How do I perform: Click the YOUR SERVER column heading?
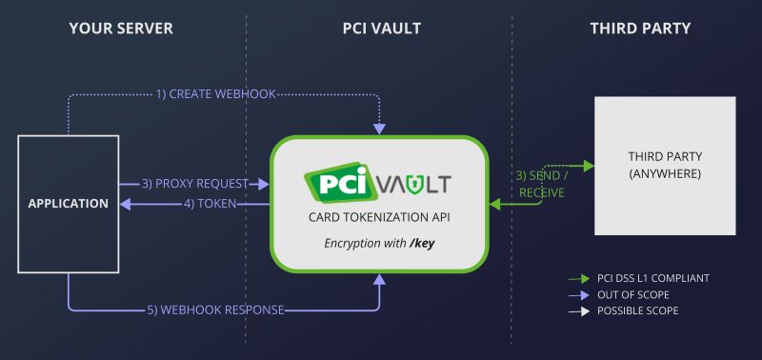tap(121, 29)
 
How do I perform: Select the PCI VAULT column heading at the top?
tap(381, 29)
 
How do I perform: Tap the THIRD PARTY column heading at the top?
tap(640, 29)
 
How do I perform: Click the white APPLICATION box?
tap(69, 202)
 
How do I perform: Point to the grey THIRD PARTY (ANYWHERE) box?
tap(665, 166)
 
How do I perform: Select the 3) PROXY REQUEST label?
tap(195, 183)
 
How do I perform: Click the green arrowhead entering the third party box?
tap(589, 166)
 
